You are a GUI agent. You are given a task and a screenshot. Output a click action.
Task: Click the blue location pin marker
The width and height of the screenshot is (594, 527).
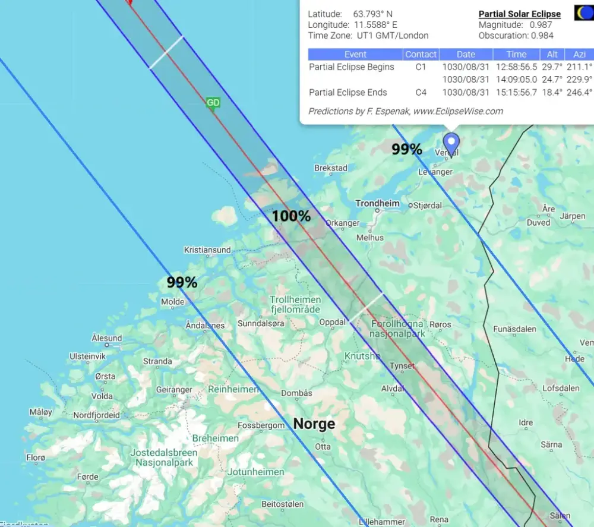(x=451, y=143)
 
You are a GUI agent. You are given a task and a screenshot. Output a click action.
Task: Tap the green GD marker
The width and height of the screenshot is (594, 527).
(x=213, y=103)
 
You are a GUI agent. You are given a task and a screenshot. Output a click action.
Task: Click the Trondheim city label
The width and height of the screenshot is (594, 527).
(x=377, y=204)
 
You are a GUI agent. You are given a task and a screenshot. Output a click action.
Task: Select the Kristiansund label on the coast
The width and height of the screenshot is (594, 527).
(x=207, y=250)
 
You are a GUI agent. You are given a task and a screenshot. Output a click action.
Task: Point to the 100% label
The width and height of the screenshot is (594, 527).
(x=291, y=216)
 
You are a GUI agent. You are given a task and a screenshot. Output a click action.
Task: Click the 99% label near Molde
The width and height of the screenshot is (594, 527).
(x=182, y=283)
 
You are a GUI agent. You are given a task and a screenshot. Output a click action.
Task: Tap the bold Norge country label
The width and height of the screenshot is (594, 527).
(x=314, y=424)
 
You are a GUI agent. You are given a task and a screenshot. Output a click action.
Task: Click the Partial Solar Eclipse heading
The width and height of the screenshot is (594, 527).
(x=519, y=14)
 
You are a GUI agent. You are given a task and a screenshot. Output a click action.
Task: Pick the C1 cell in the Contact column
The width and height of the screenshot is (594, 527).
(x=421, y=67)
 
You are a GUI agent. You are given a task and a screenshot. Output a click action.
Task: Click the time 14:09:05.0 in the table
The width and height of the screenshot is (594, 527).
(x=516, y=80)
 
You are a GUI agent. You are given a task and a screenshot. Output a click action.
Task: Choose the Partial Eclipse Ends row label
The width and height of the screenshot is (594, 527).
(x=348, y=93)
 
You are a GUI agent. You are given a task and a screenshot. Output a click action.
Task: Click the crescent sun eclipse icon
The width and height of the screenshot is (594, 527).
(x=583, y=12)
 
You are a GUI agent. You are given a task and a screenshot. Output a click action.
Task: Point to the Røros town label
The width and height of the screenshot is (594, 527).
(x=440, y=324)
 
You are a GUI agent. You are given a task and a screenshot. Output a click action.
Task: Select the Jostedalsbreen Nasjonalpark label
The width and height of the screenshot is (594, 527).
(x=163, y=457)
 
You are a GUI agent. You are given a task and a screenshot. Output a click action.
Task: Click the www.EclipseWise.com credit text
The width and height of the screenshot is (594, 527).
(x=458, y=111)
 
